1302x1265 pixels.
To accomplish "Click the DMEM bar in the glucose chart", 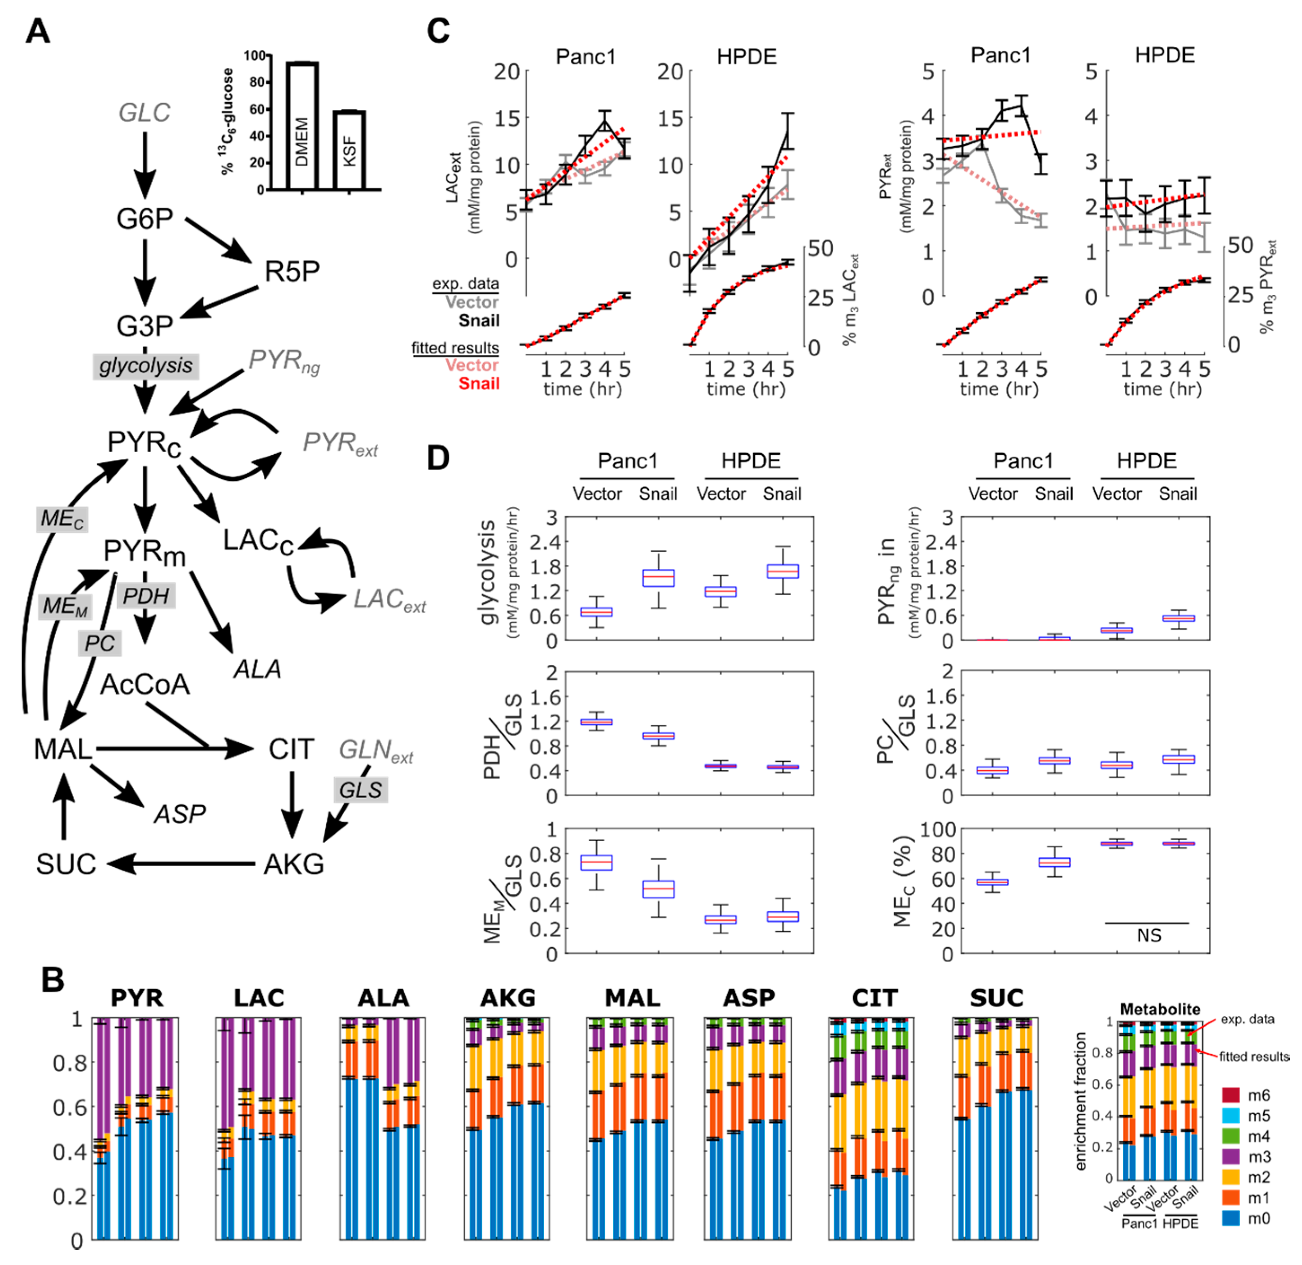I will pyautogui.click(x=302, y=126).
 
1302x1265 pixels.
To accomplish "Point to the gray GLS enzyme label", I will pyautogui.click(x=360, y=790).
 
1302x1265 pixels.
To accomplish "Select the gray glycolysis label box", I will pyautogui.click(x=145, y=366).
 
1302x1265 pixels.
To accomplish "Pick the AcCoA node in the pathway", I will pyautogui.click(x=145, y=685).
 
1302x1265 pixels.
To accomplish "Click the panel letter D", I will pyautogui.click(x=438, y=458).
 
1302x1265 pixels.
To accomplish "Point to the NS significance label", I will pyautogui.click(x=1149, y=935).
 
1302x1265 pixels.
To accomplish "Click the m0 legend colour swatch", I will pyautogui.click(x=1231, y=1218).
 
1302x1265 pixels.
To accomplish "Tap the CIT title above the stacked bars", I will pyautogui.click(x=874, y=998).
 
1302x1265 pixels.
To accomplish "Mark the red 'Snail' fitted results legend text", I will pyautogui.click(x=479, y=384).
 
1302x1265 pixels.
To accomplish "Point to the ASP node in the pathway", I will pyautogui.click(x=179, y=814).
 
